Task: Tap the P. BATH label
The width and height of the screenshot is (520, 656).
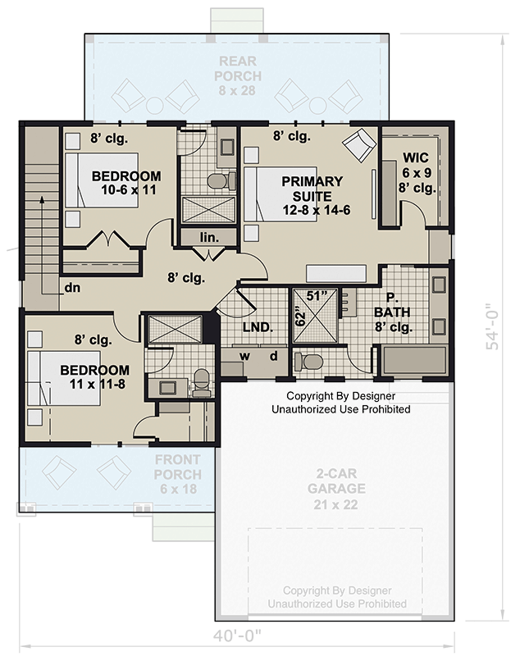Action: pos(393,312)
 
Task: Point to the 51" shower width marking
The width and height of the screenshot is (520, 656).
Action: pos(317,294)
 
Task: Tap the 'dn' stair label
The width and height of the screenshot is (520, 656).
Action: pos(73,288)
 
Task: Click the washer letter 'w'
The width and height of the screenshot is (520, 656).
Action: pos(244,355)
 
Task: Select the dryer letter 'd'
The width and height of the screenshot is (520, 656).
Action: pos(274,355)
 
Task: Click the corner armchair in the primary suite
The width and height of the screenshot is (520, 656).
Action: pos(358,145)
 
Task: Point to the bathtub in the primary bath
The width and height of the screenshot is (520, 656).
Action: pos(409,359)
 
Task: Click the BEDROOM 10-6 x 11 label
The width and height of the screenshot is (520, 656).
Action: pos(125,183)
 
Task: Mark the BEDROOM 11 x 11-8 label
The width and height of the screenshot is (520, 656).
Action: pos(94,377)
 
